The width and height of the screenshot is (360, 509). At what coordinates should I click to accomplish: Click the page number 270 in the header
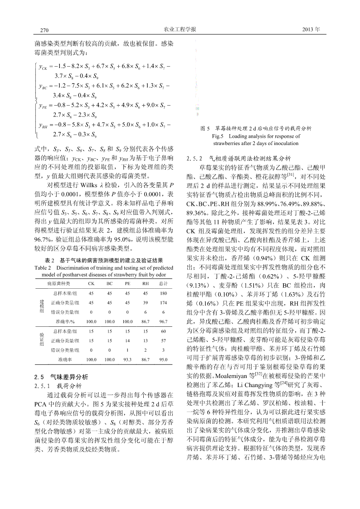[44, 30]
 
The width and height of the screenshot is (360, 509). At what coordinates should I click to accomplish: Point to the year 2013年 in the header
[311, 29]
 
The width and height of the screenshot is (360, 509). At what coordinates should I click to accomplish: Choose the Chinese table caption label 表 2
[50, 261]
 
